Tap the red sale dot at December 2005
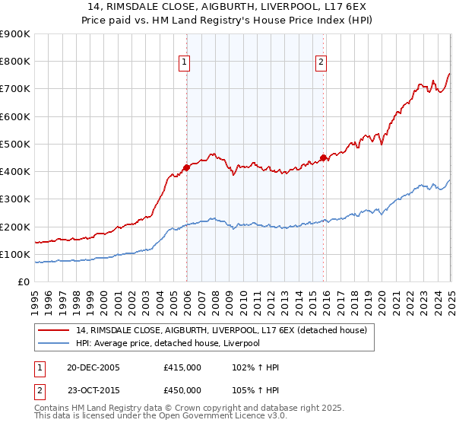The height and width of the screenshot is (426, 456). [x=186, y=167]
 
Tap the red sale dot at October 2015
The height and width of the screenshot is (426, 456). [x=323, y=157]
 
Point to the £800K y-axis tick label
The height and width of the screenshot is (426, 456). [x=15, y=62]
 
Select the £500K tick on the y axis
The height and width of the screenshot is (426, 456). [x=15, y=145]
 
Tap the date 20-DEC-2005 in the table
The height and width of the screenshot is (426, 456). [x=93, y=367]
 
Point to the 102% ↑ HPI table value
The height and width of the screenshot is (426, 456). [x=256, y=367]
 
